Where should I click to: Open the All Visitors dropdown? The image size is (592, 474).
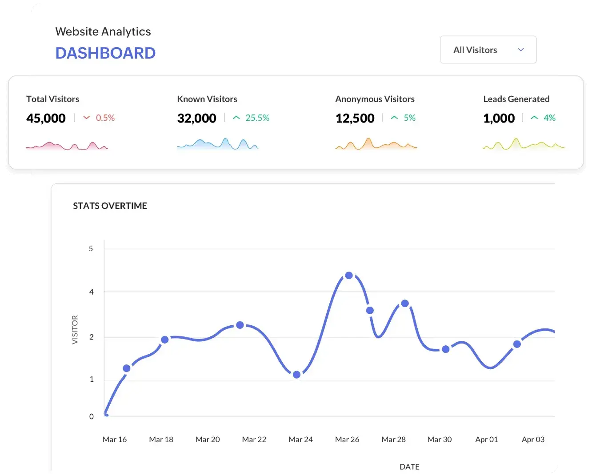click(488, 50)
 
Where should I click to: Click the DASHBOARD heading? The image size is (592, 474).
click(105, 53)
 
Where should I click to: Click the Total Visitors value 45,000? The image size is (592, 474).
click(46, 118)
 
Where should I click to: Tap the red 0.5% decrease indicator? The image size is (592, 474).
click(100, 118)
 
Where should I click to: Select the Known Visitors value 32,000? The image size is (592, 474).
click(196, 118)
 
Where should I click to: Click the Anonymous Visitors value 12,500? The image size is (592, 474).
click(355, 118)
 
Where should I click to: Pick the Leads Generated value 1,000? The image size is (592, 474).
click(499, 118)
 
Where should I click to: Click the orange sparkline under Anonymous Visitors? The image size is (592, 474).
click(376, 144)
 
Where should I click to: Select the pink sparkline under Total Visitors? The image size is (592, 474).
click(67, 146)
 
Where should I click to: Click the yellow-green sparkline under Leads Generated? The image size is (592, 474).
click(524, 144)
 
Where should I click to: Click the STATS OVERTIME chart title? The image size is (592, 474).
click(110, 206)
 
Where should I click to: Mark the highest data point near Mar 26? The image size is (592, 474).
click(349, 276)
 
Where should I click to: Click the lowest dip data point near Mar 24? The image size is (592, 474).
click(297, 375)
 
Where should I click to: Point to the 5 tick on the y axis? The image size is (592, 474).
click(91, 249)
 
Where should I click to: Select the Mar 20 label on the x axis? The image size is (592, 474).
click(208, 439)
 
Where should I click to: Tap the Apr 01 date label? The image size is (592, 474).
click(486, 439)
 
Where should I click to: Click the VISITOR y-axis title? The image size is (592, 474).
click(75, 330)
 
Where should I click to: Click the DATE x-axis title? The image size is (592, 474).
click(409, 466)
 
